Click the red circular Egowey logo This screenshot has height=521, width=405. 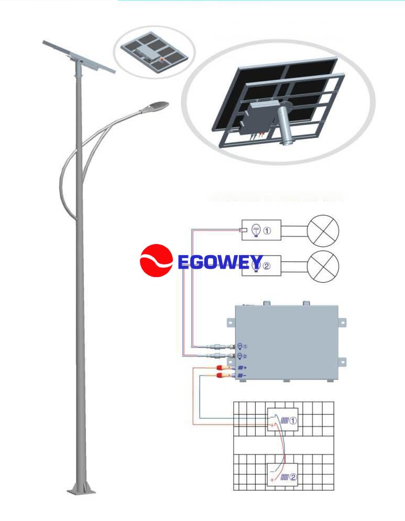click(x=156, y=260)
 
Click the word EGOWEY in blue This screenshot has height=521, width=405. click(x=220, y=262)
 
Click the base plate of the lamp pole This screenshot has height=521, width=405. click(x=81, y=491)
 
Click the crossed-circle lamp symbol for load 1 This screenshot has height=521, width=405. click(x=323, y=231)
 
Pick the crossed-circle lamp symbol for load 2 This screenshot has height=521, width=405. click(x=323, y=266)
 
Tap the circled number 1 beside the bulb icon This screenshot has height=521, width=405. click(x=267, y=230)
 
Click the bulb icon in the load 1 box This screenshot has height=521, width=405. click(x=256, y=230)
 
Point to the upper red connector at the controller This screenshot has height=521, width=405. click(x=219, y=368)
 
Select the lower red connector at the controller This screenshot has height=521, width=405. click(x=219, y=376)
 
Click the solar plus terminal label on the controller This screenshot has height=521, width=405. click(x=243, y=368)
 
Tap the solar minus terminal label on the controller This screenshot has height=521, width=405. click(x=243, y=376)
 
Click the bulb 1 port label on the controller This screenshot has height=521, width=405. click(x=243, y=346)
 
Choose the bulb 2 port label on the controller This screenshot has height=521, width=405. click(x=243, y=356)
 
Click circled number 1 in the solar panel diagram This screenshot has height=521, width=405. click(x=293, y=421)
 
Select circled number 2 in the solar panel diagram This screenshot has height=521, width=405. click(x=293, y=477)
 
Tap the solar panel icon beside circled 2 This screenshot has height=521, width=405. click(x=284, y=477)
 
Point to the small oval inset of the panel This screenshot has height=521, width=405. click(x=154, y=52)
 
